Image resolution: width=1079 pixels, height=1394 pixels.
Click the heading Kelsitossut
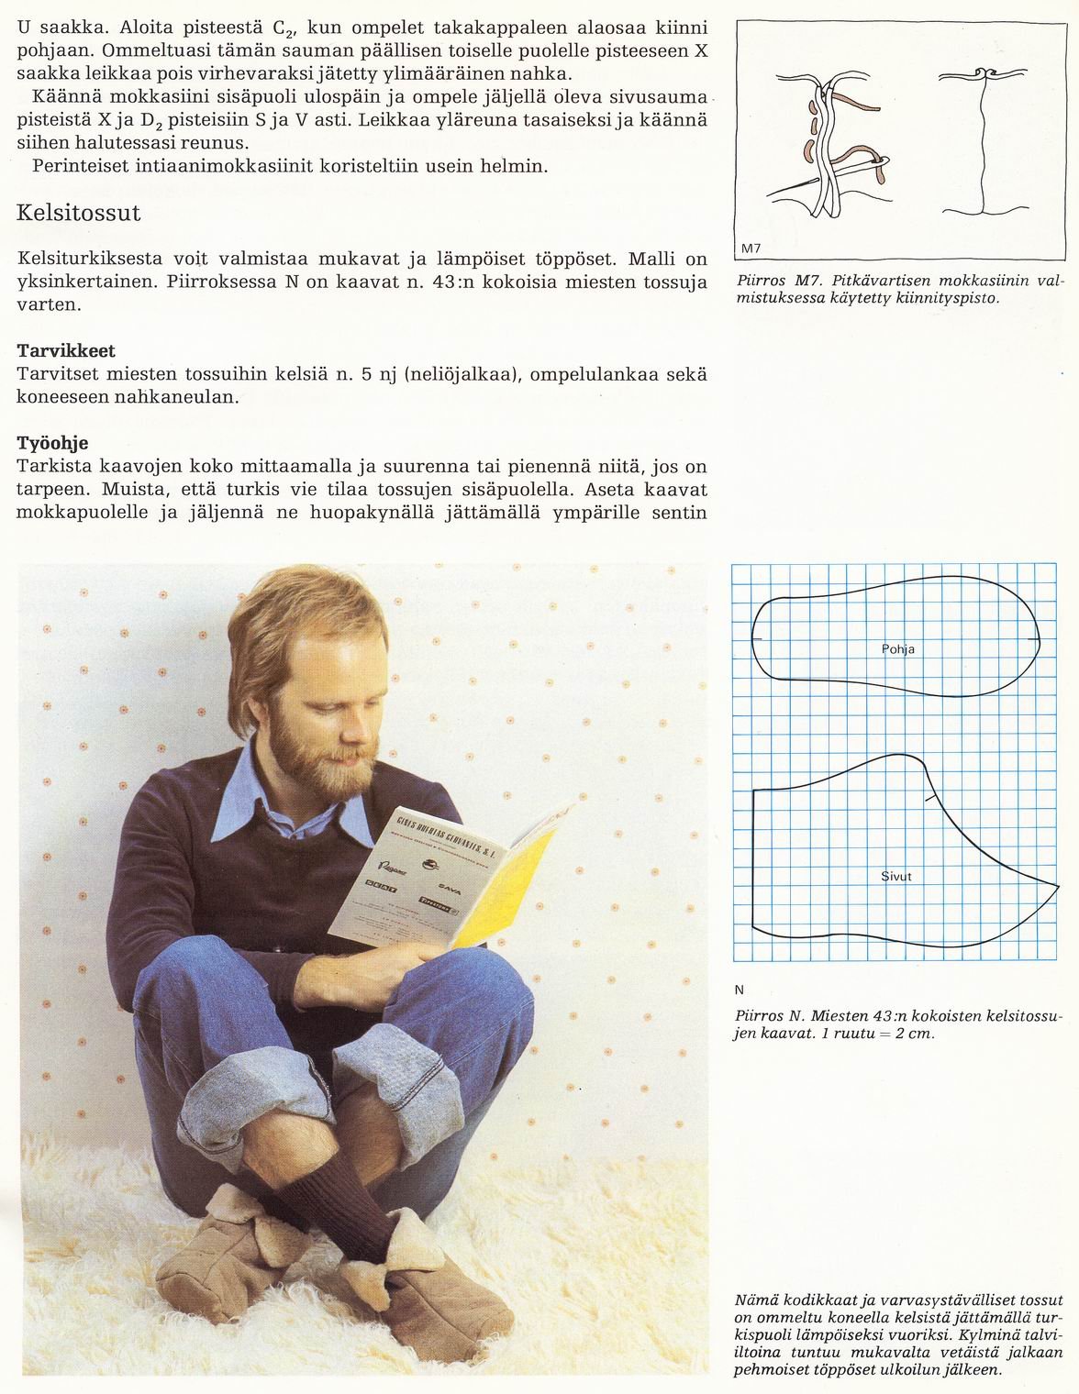tap(79, 214)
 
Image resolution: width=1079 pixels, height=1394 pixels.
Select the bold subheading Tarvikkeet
tap(66, 351)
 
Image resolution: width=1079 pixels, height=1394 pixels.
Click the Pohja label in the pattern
tap(897, 649)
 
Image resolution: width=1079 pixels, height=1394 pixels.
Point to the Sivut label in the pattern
tap(895, 877)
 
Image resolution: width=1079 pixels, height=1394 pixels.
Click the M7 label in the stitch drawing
tap(751, 249)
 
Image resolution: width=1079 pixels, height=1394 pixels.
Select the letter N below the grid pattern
tap(740, 990)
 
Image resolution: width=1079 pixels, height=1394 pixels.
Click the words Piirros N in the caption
tap(770, 1016)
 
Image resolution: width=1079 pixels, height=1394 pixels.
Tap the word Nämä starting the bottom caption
tap(754, 1300)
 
